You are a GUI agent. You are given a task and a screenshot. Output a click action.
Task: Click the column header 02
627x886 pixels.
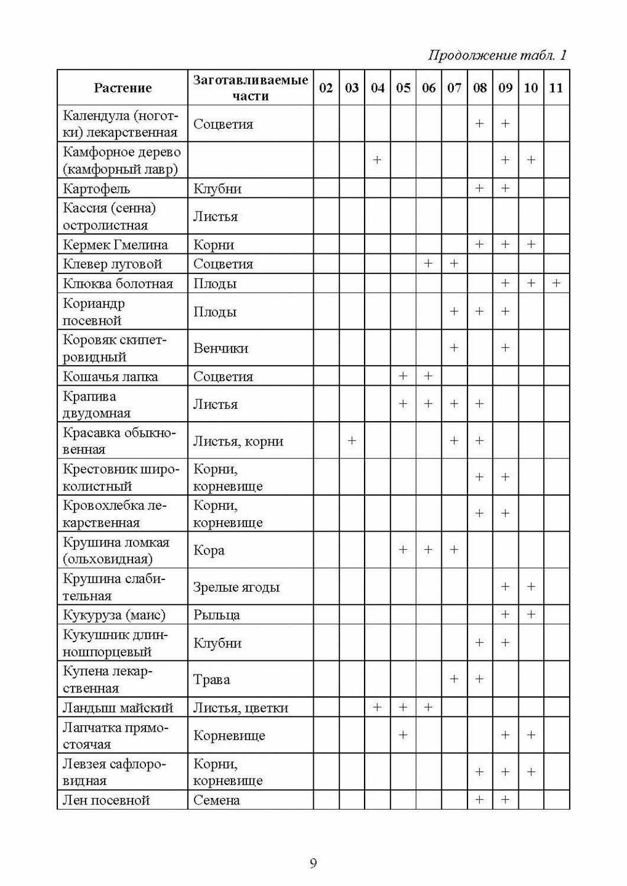click(326, 88)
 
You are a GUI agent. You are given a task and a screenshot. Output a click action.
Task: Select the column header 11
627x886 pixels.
click(556, 88)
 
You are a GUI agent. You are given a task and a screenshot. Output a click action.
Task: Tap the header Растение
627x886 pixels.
click(122, 88)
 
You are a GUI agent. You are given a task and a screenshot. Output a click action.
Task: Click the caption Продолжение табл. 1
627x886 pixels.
click(497, 56)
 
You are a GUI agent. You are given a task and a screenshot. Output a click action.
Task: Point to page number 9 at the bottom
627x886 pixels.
click(313, 864)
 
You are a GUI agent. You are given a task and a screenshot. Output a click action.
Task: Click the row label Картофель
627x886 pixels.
click(96, 189)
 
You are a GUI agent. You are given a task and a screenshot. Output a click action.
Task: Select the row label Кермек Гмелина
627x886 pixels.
click(115, 245)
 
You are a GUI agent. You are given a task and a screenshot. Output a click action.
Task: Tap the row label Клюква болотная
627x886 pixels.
click(118, 284)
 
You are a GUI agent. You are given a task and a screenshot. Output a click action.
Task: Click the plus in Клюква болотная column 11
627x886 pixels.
click(556, 284)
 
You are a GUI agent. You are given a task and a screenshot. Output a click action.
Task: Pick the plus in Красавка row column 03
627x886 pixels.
click(352, 441)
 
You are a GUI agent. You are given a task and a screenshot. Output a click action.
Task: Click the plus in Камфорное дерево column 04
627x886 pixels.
click(377, 160)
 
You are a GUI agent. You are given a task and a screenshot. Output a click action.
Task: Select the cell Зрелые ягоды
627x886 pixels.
click(236, 587)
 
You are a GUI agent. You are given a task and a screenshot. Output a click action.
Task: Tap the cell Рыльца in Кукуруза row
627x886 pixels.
click(217, 615)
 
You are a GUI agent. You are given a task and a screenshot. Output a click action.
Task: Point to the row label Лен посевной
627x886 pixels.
click(106, 800)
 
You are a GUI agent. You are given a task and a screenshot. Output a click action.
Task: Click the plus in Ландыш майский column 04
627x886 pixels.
click(377, 708)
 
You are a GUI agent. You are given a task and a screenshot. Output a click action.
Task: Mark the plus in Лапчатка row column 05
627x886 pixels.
click(403, 735)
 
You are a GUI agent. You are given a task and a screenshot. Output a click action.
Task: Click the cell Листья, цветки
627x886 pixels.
click(241, 708)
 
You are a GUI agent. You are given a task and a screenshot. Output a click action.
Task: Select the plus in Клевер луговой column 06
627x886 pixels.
click(428, 264)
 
